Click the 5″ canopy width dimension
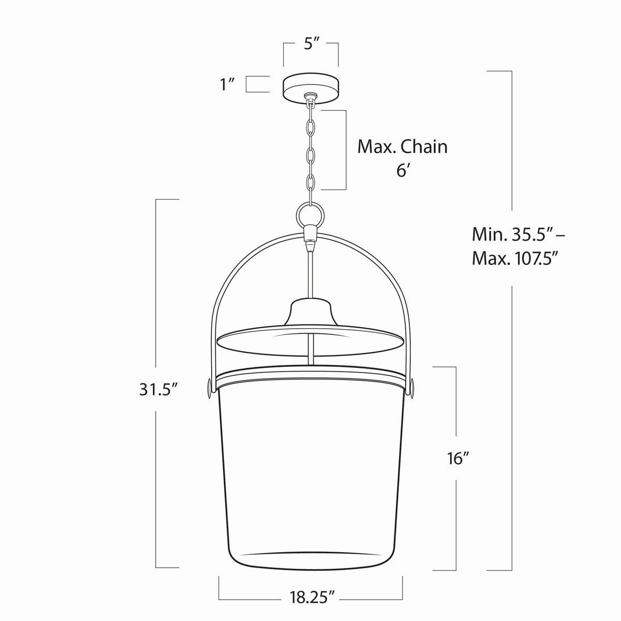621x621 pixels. pyautogui.click(x=312, y=44)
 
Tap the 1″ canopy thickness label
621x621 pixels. pyautogui.click(x=227, y=84)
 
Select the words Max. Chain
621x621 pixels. pyautogui.click(x=403, y=147)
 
